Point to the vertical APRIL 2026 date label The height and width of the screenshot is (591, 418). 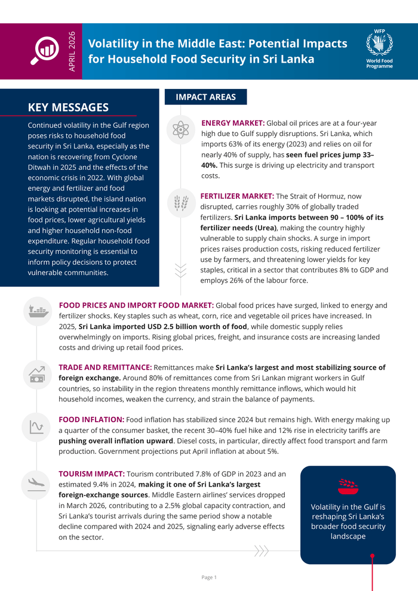click(x=72, y=51)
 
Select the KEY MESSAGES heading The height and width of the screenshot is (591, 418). click(x=68, y=107)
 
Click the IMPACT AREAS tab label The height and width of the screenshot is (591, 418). click(x=205, y=97)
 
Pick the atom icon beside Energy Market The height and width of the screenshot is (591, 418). click(x=180, y=129)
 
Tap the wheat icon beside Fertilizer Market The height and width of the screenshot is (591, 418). click(x=180, y=202)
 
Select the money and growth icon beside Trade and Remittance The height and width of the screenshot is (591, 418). click(x=38, y=374)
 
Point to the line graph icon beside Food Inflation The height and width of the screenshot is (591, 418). click(x=38, y=426)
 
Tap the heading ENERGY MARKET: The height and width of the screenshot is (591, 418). click(x=233, y=123)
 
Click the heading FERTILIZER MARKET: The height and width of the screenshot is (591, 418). click(x=237, y=196)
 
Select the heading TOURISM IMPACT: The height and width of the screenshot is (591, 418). click(x=91, y=474)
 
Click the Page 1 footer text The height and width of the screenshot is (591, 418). click(x=209, y=577)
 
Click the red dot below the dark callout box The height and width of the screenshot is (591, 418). click(x=372, y=556)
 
